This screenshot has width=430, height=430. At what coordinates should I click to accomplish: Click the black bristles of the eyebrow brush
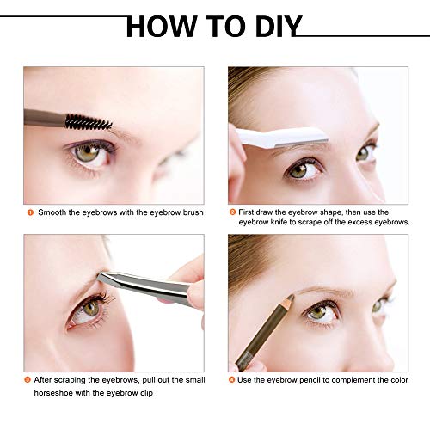click(x=89, y=122)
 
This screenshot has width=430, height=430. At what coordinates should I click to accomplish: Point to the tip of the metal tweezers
click(x=99, y=276)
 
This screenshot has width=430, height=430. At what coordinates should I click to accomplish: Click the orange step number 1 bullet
click(x=30, y=212)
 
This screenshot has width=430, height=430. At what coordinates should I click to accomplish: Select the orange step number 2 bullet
click(x=232, y=212)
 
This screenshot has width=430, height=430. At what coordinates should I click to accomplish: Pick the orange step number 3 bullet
click(x=28, y=380)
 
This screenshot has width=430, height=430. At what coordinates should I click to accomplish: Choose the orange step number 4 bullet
click(x=231, y=380)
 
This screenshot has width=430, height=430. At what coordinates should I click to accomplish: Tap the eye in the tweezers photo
click(x=89, y=310)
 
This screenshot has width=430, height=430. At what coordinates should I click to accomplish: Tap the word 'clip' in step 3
click(x=146, y=393)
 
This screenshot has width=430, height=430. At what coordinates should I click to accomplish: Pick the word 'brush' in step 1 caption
click(x=193, y=212)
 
